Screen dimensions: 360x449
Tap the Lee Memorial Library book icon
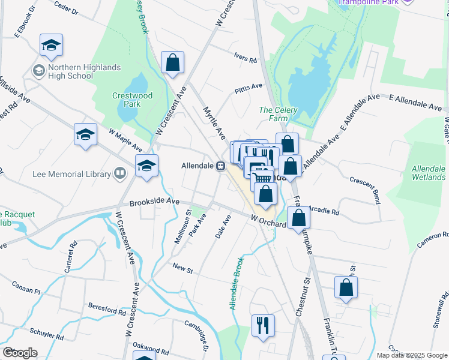[x=119, y=174]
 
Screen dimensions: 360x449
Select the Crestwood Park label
[x=133, y=100]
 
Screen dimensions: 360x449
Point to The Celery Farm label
[x=274, y=114]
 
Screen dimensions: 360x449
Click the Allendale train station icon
[x=221, y=166]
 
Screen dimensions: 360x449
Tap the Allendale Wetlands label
[x=429, y=173]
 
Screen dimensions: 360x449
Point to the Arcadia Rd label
[x=326, y=212]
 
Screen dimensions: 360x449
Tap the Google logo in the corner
[x=20, y=352]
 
